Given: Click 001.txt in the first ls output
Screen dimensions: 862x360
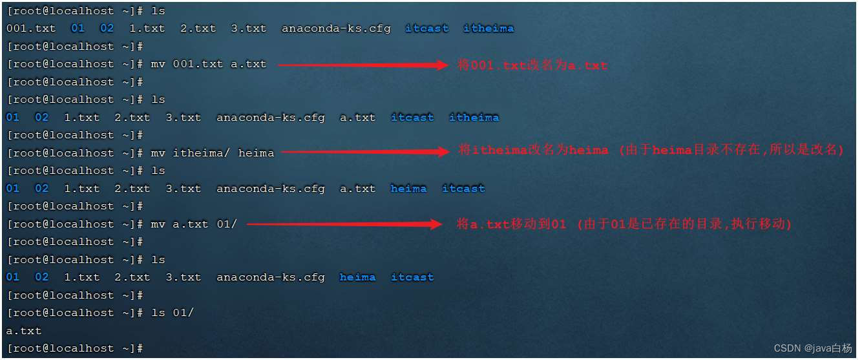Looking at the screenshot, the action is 31,28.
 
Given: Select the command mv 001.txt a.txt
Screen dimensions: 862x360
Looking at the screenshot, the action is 208,64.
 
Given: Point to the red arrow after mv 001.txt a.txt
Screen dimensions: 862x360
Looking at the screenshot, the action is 362,65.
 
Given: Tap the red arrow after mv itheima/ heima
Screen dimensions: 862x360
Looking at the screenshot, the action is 365,153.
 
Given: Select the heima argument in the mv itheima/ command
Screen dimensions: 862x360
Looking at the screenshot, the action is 256,153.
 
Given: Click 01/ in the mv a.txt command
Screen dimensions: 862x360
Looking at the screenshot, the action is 227,224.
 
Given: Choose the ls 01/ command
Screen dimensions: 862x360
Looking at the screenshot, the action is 172,313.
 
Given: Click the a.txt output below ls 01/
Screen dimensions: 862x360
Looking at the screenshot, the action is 24,331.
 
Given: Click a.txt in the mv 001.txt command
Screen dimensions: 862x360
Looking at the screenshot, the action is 249,64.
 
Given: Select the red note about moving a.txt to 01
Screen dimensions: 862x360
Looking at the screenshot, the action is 624,224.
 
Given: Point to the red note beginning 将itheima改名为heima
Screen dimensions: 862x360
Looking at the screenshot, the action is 651,151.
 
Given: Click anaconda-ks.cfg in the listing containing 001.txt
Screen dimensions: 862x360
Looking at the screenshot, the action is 335,28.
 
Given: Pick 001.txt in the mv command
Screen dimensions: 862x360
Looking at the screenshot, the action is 198,64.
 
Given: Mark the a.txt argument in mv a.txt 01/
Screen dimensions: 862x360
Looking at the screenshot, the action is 191,224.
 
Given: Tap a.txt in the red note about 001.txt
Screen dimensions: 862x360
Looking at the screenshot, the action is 588,65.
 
